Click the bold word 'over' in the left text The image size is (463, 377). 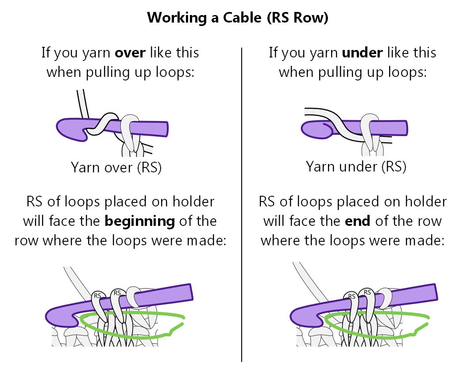[131, 53]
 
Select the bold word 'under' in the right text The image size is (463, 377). [362, 53]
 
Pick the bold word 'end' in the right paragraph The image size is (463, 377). [358, 221]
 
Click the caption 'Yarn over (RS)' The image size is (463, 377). [116, 168]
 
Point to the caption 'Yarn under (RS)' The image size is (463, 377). [356, 167]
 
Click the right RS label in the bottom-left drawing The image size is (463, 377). [117, 293]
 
